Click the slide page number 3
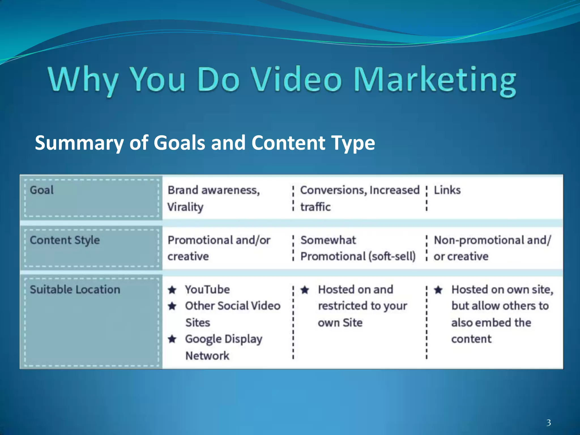click(549, 423)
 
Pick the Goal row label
click(42, 190)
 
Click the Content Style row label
click(65, 240)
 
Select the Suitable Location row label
click(75, 290)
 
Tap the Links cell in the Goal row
click(447, 190)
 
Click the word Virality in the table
click(185, 207)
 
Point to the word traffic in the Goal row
click(315, 207)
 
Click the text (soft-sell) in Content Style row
click(392, 257)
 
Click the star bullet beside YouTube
click(172, 290)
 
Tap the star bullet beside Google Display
click(172, 339)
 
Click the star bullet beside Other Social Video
click(172, 306)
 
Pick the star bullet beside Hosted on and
click(305, 290)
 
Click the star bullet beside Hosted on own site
click(438, 290)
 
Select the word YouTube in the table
click(207, 290)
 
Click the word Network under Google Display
click(207, 356)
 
